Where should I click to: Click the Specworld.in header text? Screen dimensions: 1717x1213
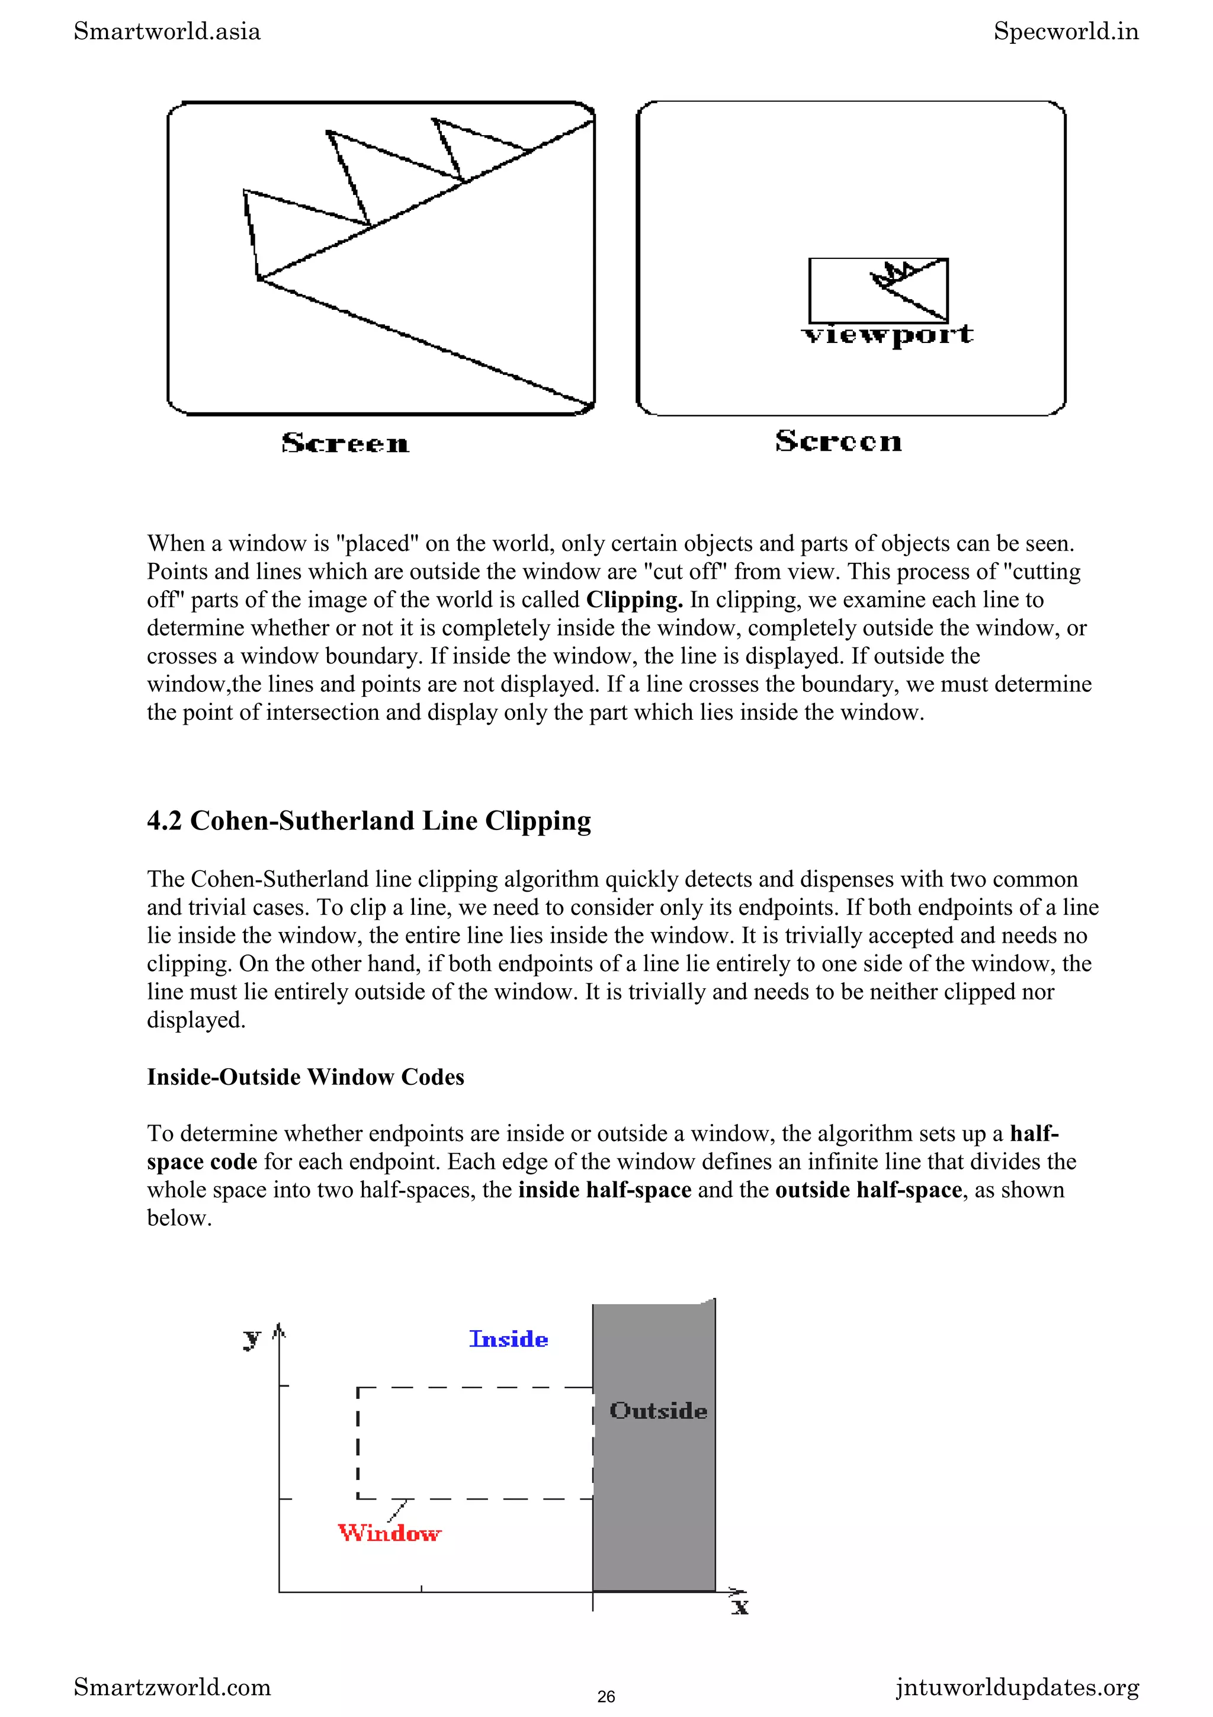1066,31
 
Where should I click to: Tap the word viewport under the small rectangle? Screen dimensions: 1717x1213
887,335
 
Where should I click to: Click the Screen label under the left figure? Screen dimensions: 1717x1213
345,443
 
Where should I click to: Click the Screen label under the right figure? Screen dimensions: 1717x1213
838,441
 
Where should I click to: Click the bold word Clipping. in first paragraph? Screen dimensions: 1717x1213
634,600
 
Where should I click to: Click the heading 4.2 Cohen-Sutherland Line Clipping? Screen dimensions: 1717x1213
368,821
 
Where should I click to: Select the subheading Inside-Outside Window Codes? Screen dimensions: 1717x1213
305,1077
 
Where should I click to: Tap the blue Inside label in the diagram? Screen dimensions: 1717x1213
508,1340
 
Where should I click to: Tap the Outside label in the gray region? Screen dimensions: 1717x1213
657,1411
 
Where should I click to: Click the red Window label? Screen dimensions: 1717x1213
389,1534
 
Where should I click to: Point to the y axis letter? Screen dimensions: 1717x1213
252,1338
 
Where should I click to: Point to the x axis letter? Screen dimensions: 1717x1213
740,1606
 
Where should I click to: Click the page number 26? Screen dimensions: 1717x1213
606,1696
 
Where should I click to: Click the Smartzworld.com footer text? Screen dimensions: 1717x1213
172,1687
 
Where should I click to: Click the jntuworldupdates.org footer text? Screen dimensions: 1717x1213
1017,1687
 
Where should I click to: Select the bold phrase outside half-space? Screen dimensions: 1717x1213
868,1190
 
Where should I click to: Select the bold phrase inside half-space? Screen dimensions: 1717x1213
605,1190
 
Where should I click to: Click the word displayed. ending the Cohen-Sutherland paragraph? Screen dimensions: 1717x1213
196,1020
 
